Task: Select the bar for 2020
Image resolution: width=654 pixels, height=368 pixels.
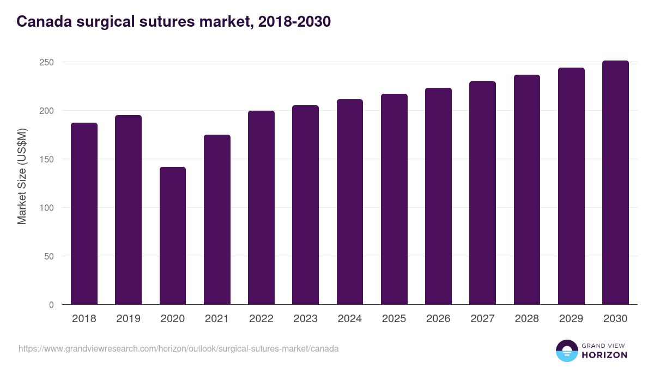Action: pos(173,236)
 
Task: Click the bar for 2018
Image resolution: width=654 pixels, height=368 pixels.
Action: pos(84,214)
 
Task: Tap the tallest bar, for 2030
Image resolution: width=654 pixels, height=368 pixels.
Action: pos(615,183)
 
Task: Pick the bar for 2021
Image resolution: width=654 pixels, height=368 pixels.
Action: pos(217,220)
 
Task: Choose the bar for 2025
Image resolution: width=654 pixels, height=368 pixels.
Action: pos(394,199)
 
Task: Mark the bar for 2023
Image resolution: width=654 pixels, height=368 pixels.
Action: pos(305,205)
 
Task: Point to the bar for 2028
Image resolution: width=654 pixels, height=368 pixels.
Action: pos(527,190)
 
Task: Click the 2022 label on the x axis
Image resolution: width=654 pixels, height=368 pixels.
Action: pos(261,319)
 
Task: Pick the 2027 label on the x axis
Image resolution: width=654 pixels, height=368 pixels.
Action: pos(482,319)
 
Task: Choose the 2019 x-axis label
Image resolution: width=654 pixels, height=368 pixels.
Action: pos(128,319)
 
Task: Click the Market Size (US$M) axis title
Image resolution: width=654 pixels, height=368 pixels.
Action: pos(22,176)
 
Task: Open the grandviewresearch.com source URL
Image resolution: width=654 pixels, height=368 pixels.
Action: pos(179,348)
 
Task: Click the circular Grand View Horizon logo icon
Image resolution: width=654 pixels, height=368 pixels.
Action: pos(566,351)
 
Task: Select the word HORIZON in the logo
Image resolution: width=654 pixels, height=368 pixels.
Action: pos(604,355)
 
